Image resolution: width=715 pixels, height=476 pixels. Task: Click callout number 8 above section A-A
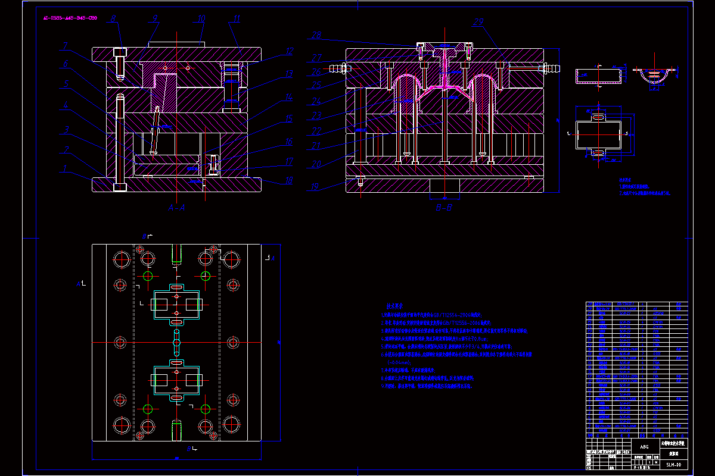(113, 18)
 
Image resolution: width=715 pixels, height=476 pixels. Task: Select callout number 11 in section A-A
(237, 18)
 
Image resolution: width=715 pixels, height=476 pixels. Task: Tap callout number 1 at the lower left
(65, 168)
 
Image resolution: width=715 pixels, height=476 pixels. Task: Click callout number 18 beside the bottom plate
(288, 181)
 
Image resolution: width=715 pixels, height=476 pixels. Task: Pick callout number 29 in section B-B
(478, 23)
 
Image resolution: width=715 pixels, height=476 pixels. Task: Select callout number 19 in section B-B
(314, 187)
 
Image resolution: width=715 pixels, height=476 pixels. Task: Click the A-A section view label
(177, 208)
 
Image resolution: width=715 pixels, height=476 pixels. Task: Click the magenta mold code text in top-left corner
(70, 18)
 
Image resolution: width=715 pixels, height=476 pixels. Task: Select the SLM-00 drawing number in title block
(673, 465)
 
